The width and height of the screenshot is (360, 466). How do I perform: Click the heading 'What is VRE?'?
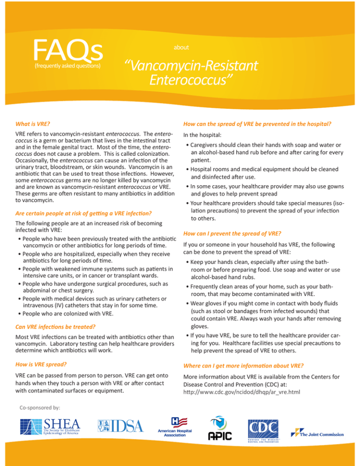point(33,125)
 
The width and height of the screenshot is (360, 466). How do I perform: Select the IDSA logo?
point(120,426)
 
